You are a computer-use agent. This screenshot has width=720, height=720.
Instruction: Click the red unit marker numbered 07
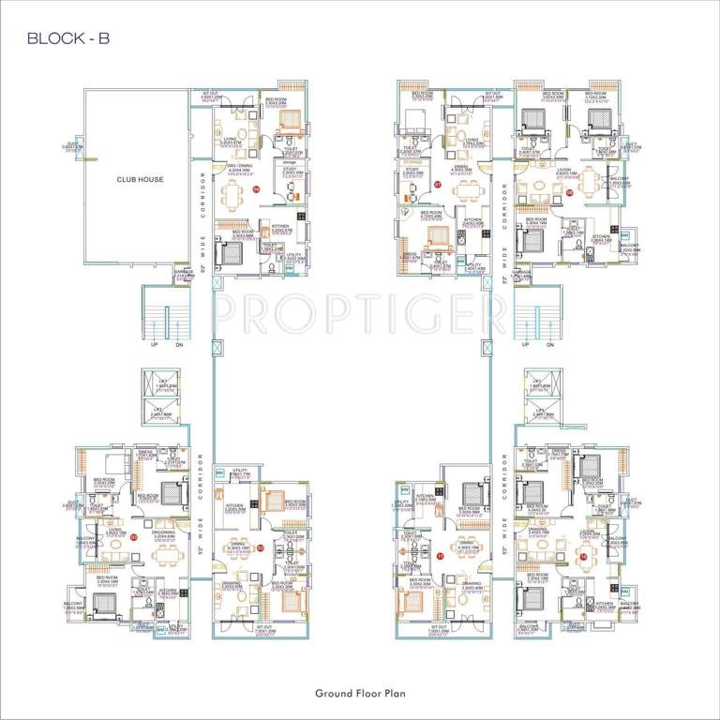437,186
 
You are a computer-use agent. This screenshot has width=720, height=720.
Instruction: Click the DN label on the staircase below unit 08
549,345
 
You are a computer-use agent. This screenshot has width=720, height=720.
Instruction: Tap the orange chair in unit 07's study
408,200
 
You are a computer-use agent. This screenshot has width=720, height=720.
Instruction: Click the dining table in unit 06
233,196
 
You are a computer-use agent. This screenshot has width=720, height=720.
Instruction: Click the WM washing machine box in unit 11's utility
404,490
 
